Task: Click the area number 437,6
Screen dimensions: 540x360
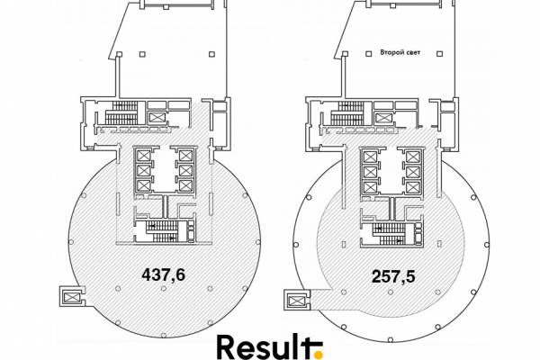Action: point(164,274)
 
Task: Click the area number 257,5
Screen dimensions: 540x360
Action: point(393,276)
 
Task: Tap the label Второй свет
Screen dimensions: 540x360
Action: point(400,52)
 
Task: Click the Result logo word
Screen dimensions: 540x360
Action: point(265,346)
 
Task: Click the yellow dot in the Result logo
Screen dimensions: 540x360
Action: point(319,354)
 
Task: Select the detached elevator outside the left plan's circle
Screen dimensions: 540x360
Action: point(71,297)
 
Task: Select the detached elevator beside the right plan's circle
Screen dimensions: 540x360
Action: point(296,301)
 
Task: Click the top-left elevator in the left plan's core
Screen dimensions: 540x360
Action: point(144,156)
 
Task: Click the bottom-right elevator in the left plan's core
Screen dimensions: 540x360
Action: point(185,185)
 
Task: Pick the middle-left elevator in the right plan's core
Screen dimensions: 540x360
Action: point(370,172)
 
